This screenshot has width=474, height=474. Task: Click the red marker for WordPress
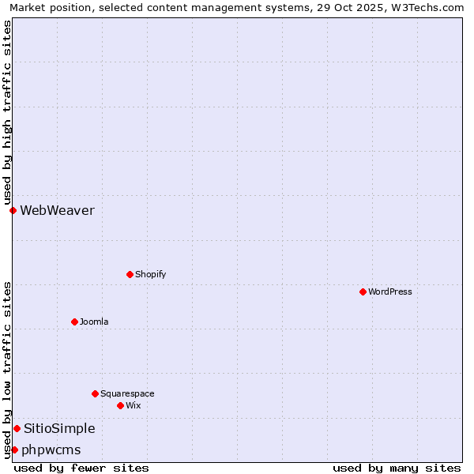click(x=363, y=292)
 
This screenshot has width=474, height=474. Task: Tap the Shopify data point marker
click(x=130, y=274)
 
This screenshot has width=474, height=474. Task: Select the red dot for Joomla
click(x=74, y=322)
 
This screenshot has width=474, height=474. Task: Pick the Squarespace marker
click(x=95, y=393)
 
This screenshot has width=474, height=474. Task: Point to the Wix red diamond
click(x=120, y=405)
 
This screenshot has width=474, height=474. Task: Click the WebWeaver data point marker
click(x=13, y=210)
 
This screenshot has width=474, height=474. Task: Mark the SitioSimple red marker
click(x=17, y=428)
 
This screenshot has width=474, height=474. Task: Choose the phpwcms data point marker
click(x=14, y=450)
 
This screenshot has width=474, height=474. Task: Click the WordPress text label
click(x=390, y=292)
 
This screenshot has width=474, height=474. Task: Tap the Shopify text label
click(x=150, y=274)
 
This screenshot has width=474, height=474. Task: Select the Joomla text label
click(x=94, y=322)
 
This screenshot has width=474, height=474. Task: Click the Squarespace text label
click(x=127, y=393)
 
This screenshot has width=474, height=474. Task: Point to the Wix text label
click(x=134, y=405)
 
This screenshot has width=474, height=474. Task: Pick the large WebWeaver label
click(x=57, y=210)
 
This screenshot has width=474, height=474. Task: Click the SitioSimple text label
click(x=59, y=428)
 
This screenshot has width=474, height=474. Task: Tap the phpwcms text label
click(x=51, y=450)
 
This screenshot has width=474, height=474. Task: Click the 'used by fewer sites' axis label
click(x=81, y=468)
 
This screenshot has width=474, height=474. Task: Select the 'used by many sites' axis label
click(x=397, y=468)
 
